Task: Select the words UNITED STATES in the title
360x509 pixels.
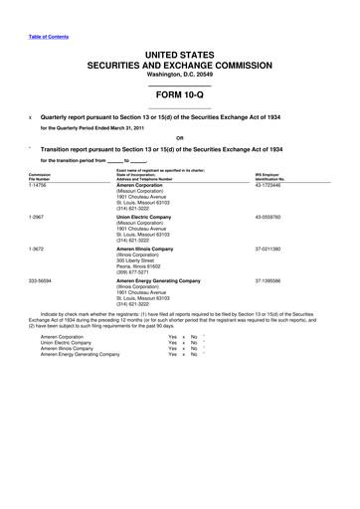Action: click(x=179, y=50)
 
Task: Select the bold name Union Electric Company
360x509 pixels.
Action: click(x=149, y=217)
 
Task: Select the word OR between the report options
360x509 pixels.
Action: click(x=179, y=137)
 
